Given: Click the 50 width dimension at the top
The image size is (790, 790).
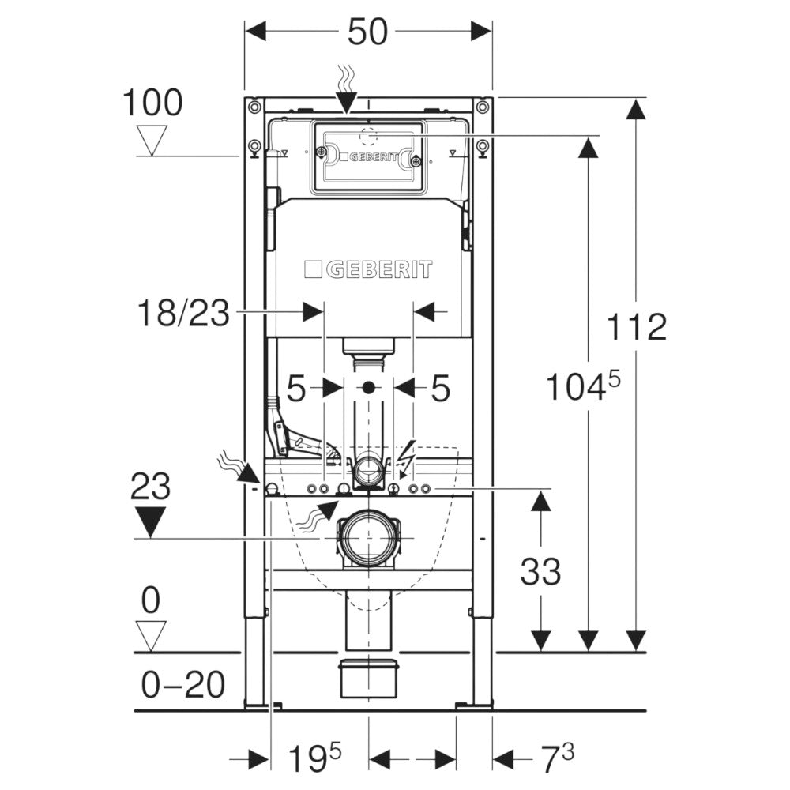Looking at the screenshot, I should [x=367, y=32].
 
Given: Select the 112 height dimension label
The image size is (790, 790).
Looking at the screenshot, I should [x=638, y=326].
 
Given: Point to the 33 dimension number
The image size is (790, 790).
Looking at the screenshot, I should [x=540, y=570].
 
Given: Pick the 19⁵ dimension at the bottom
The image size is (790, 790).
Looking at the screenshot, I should [x=313, y=760].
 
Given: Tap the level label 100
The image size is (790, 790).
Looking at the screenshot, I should [x=152, y=103].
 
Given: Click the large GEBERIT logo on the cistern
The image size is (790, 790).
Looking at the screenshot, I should [x=368, y=270].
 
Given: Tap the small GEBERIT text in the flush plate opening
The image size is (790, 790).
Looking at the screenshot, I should [x=368, y=157].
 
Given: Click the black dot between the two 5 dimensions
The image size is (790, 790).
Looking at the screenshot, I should [x=368, y=388].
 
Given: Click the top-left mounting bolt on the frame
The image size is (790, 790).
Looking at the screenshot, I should [x=252, y=107].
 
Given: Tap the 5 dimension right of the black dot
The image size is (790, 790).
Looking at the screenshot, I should [x=439, y=388].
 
